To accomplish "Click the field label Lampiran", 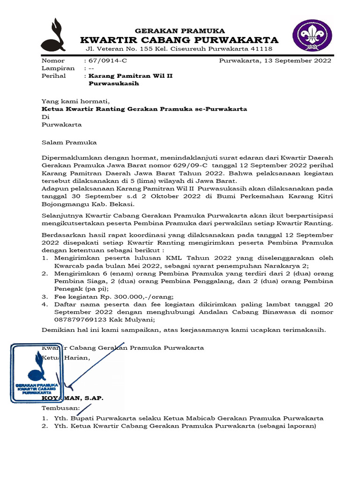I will pyautogui.click(x=58, y=68).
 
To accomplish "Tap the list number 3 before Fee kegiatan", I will pyautogui.click(x=45, y=296).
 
